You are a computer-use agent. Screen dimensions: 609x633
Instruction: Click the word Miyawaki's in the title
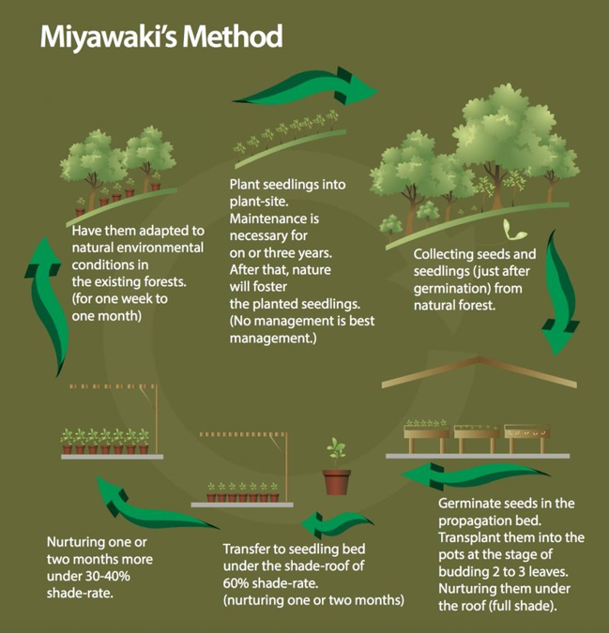(109, 38)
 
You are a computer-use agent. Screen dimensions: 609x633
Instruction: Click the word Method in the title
(233, 37)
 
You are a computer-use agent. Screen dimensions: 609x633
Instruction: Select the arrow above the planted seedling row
(305, 89)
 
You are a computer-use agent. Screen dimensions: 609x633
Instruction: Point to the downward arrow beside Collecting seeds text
(560, 293)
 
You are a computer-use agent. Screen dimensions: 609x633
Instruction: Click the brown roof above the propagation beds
(480, 371)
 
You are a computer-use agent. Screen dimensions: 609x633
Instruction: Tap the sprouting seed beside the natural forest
(513, 230)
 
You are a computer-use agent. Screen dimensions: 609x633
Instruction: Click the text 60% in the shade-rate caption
(236, 583)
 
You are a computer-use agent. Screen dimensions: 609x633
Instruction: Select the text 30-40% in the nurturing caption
(108, 576)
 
